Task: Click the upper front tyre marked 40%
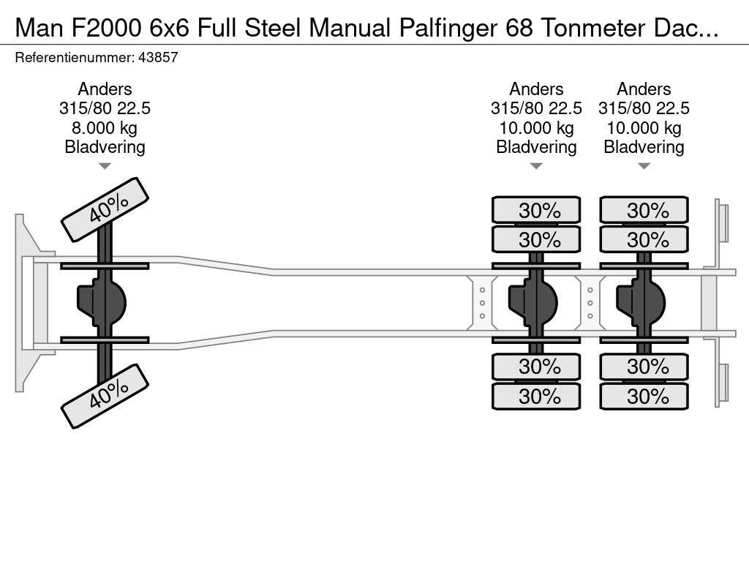click(105, 209)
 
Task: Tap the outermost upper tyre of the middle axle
click(536, 210)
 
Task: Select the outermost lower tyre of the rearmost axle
click(644, 396)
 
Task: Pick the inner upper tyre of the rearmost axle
click(644, 239)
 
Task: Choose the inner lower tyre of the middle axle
click(536, 366)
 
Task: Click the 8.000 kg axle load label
click(105, 128)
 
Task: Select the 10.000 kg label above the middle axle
click(536, 128)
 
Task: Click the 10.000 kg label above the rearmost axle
click(644, 128)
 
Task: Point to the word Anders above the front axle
click(105, 89)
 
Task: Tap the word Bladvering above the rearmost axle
click(644, 147)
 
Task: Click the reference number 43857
click(157, 58)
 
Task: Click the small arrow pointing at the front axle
click(105, 166)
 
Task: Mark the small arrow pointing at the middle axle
click(536, 166)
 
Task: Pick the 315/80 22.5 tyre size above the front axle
click(105, 108)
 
